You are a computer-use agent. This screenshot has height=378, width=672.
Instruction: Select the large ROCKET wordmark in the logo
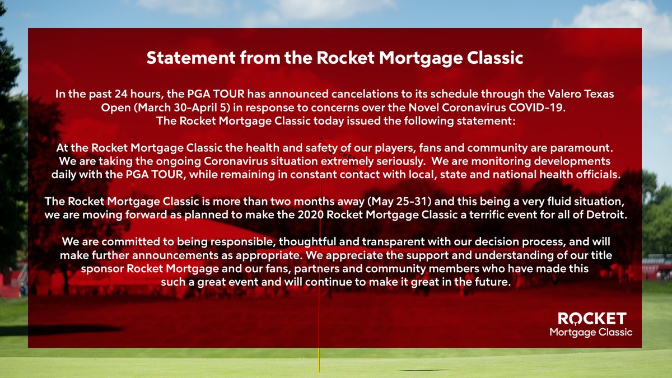coord(592,319)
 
